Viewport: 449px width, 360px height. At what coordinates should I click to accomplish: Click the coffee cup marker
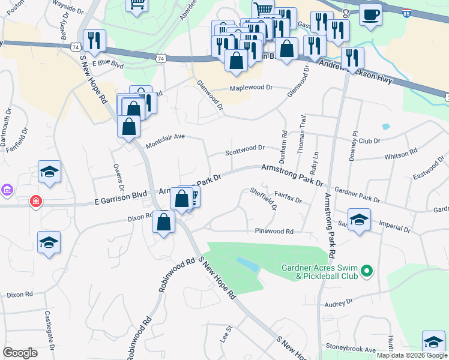370,15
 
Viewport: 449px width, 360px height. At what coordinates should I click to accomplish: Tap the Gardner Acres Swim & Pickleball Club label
318,272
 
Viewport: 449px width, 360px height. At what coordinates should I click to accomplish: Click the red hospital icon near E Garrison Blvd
37,201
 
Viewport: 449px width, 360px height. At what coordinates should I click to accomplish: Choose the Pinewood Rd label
274,231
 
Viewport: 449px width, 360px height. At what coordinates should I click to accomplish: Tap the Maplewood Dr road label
252,88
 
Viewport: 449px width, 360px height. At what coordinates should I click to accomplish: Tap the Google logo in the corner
20,353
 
